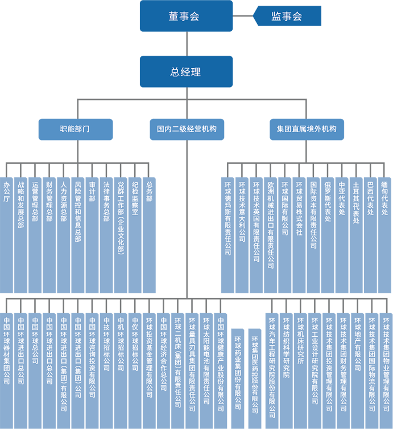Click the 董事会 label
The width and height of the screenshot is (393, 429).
point(184,17)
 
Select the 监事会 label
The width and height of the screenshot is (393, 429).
point(286,17)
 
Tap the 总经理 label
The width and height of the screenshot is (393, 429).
point(185,72)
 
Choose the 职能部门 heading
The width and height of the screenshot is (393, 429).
point(75,129)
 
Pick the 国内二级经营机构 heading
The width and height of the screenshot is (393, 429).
point(187,129)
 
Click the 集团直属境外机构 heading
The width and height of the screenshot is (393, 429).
point(306,129)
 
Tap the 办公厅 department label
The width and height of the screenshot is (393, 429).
point(6,192)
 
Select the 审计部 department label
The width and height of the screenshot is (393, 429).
point(92,192)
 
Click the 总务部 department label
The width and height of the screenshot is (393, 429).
point(149,192)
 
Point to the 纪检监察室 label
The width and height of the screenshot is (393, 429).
point(135,199)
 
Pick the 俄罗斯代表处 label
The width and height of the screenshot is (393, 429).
point(328,201)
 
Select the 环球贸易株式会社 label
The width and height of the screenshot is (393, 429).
point(299,208)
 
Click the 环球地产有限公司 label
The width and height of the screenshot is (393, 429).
point(357,344)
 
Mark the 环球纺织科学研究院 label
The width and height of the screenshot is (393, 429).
point(286,347)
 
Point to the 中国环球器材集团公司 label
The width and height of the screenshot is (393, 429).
point(6,350)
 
